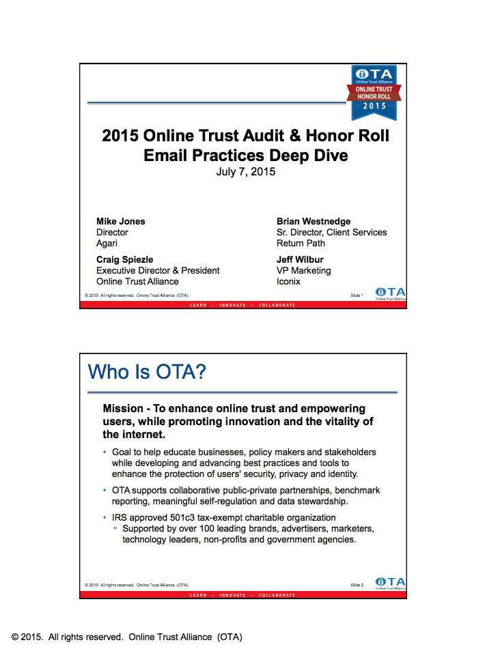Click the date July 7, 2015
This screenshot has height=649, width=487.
(245, 172)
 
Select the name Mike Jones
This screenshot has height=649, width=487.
(121, 221)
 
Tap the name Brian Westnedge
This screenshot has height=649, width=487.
(314, 221)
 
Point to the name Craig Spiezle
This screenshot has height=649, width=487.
(124, 259)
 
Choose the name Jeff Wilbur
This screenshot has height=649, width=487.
(300, 259)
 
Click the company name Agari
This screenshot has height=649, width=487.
(107, 243)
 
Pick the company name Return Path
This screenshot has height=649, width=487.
(301, 243)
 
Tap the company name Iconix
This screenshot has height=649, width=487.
(288, 281)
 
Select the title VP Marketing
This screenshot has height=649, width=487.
(304, 270)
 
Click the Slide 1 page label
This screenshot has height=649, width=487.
(357, 295)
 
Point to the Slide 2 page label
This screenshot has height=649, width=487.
(357, 585)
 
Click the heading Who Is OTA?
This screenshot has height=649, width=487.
(148, 372)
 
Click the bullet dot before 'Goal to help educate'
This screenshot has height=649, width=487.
(105, 452)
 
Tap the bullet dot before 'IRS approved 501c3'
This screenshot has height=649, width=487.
(105, 517)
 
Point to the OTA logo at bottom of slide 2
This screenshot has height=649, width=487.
(390, 582)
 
